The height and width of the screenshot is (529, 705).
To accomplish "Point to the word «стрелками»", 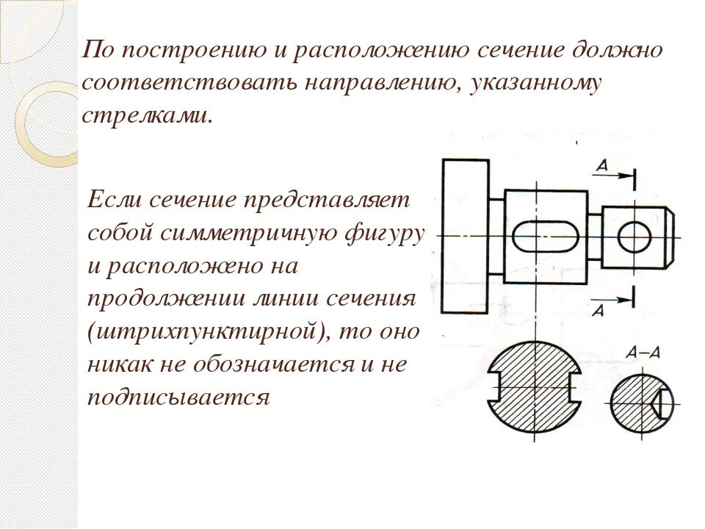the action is click(146, 115).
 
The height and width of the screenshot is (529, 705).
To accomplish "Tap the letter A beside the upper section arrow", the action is click(601, 166).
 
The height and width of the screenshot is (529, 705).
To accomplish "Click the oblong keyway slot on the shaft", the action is click(545, 236).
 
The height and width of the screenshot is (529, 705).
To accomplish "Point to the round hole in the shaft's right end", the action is click(634, 236).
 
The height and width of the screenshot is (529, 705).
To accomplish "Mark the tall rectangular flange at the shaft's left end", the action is click(466, 236).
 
